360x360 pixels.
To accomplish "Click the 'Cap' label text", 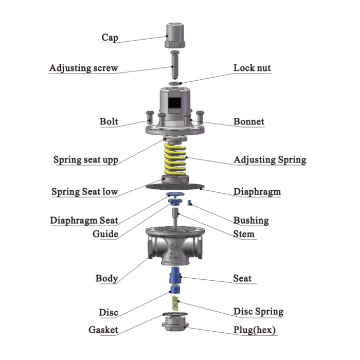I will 110,37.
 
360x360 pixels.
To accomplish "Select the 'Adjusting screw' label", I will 83,68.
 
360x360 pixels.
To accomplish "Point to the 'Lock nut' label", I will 252,68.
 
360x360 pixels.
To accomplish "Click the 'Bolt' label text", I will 109,122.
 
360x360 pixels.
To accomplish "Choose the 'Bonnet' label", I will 249,122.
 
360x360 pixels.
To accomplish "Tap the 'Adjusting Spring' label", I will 270,159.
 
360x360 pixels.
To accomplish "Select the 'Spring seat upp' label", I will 86,159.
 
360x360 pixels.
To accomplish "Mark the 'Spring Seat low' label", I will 85,192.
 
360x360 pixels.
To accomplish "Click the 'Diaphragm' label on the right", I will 257,192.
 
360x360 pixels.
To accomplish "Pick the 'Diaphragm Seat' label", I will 84,221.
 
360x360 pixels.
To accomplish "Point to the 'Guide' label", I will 105,234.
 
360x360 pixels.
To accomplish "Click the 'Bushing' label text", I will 251,221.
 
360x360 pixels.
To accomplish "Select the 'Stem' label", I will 244,234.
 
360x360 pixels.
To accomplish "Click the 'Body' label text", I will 106,279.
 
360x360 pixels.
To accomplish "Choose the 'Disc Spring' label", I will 258,312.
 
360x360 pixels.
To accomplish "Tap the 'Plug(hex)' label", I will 255,330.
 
